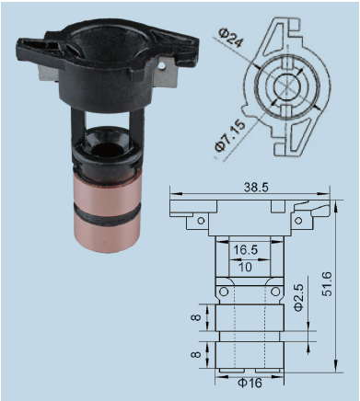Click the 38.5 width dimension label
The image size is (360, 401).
click(256, 187)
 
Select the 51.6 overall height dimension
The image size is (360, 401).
click(327, 283)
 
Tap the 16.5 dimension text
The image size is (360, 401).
click(245, 250)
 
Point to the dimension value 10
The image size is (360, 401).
click(245, 267)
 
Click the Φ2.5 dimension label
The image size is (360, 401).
click(298, 298)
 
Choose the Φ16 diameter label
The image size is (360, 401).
click(250, 383)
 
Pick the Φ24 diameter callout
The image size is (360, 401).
click(230, 38)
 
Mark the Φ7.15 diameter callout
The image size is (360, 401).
click(230, 135)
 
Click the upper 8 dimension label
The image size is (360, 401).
click(196, 317)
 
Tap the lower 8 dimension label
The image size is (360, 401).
click(196, 355)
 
